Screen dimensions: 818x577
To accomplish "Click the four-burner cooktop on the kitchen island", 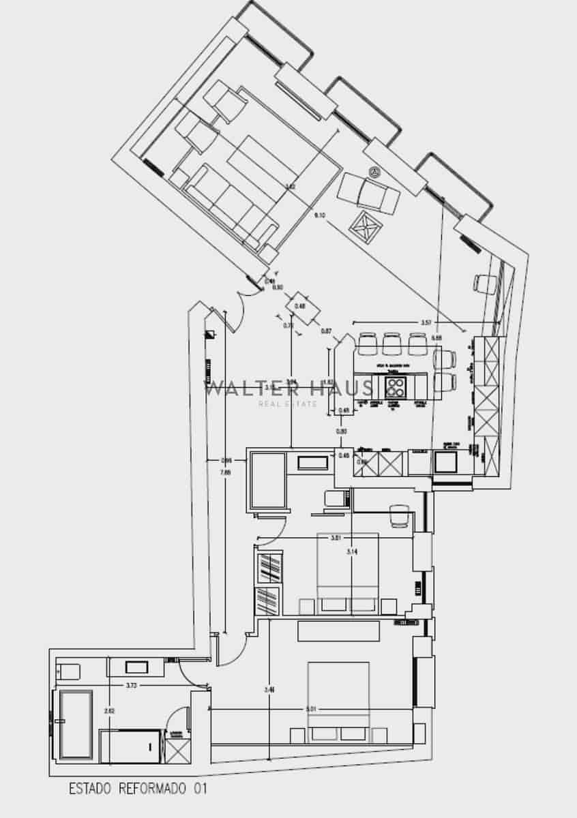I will pyautogui.click(x=396, y=387).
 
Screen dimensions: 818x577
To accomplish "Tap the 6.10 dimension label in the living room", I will pyautogui.click(x=320, y=215).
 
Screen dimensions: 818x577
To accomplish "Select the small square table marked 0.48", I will pyautogui.click(x=300, y=306).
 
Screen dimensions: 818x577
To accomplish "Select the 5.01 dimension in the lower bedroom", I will pyautogui.click(x=312, y=710).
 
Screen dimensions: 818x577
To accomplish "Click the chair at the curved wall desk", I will pyautogui.click(x=486, y=282).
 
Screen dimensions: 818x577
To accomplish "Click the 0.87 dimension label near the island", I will pyautogui.click(x=327, y=331).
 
